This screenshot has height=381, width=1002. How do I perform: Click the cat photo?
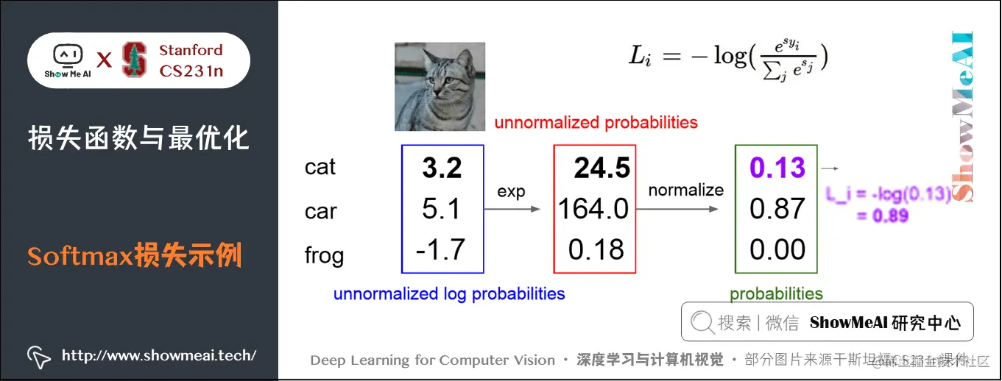pyautogui.click(x=440, y=86)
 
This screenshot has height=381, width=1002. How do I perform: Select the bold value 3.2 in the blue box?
pyautogui.click(x=442, y=168)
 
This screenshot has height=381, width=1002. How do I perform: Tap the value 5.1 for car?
pyautogui.click(x=441, y=210)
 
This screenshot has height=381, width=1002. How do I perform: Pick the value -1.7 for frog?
pyautogui.click(x=440, y=249)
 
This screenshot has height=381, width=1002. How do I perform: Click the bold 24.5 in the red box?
pyautogui.click(x=602, y=168)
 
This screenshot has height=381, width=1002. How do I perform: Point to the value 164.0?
pyautogui.click(x=593, y=210)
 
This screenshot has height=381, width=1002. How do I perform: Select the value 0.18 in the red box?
pyautogui.click(x=596, y=250)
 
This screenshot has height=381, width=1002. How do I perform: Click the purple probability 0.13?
pyautogui.click(x=777, y=168)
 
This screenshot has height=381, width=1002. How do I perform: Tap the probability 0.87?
pyautogui.click(x=777, y=210)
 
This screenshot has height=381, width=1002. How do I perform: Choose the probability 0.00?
pyautogui.click(x=777, y=250)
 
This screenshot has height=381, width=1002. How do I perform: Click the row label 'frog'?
pyautogui.click(x=324, y=256)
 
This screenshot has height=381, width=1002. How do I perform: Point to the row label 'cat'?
pyautogui.click(x=320, y=168)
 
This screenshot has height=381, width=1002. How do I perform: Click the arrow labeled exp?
pyautogui.click(x=512, y=210)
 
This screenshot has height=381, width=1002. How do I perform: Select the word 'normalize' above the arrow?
pyautogui.click(x=686, y=190)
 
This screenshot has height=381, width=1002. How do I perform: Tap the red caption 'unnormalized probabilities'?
pyautogui.click(x=596, y=122)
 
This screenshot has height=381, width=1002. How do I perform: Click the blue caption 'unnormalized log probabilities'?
pyautogui.click(x=449, y=294)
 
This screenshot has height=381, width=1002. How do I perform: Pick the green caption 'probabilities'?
pyautogui.click(x=776, y=294)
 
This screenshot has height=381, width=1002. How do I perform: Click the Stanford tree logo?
pyautogui.click(x=134, y=60)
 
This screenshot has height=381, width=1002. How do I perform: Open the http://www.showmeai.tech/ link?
pyautogui.click(x=159, y=356)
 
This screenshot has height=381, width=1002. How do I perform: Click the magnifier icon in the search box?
pyautogui.click(x=702, y=322)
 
